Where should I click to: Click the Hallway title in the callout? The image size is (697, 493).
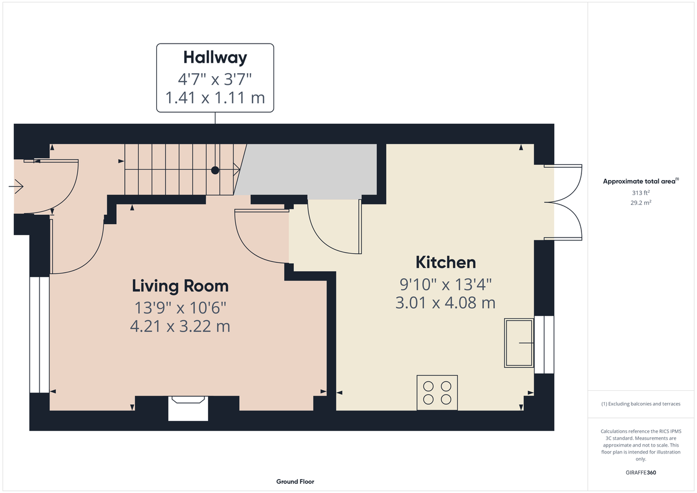pyautogui.click(x=215, y=57)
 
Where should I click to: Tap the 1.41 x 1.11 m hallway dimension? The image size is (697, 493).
pyautogui.click(x=215, y=98)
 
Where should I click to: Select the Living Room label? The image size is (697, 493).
pyautogui.click(x=180, y=286)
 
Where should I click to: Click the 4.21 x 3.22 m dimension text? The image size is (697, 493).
pyautogui.click(x=180, y=326)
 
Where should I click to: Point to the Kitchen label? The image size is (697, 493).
pyautogui.click(x=445, y=262)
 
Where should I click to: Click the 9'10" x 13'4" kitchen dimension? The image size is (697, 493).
pyautogui.click(x=445, y=284)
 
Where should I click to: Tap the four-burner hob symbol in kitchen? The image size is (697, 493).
pyautogui.click(x=437, y=392)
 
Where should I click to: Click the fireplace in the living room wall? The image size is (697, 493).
pyautogui.click(x=188, y=408)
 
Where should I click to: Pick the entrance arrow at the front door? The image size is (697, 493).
pyautogui.click(x=16, y=187)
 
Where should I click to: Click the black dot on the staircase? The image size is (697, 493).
pyautogui.click(x=215, y=170)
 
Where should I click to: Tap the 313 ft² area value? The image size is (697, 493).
pyautogui.click(x=641, y=193)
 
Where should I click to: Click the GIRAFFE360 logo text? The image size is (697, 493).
pyautogui.click(x=641, y=473)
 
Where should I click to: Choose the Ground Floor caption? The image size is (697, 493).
pyautogui.click(x=295, y=481)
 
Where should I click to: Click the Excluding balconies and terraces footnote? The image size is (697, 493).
pyautogui.click(x=641, y=404)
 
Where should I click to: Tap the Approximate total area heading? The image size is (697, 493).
pyautogui.click(x=639, y=182)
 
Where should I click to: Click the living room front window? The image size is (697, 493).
pyautogui.click(x=39, y=334)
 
